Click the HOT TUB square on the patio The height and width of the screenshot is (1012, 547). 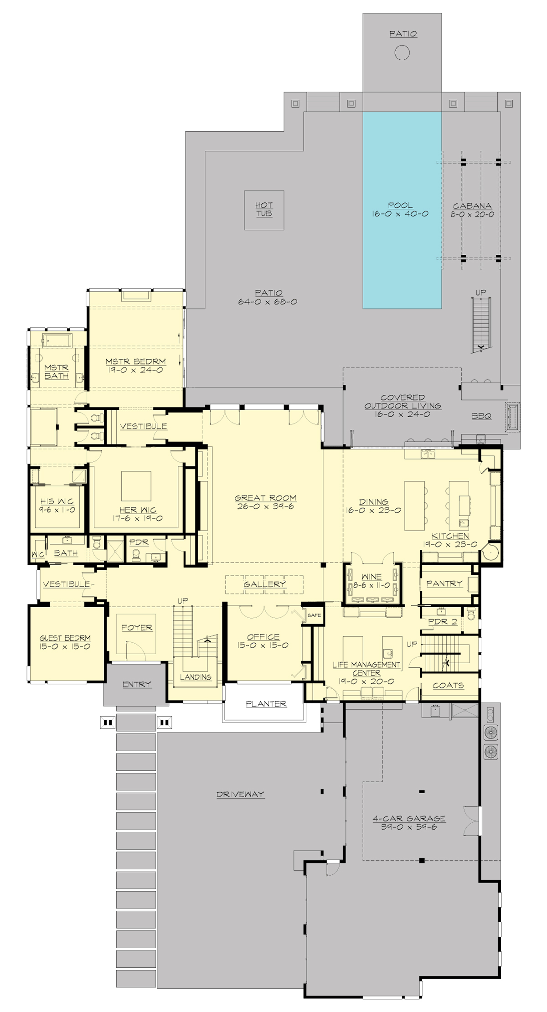pyautogui.click(x=264, y=210)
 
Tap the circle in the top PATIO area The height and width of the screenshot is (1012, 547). pyautogui.click(x=402, y=53)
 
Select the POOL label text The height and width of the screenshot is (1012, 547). pyautogui.click(x=400, y=206)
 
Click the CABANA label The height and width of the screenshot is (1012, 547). pyautogui.click(x=472, y=206)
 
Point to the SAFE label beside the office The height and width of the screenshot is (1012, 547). pyautogui.click(x=314, y=615)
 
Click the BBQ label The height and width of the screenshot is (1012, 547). pyautogui.click(x=481, y=416)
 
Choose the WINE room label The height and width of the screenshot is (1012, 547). pyautogui.click(x=371, y=577)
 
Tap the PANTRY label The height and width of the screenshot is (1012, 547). pyautogui.click(x=444, y=583)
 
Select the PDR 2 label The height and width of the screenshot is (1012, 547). pyautogui.click(x=442, y=621)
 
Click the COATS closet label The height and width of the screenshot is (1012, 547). pyautogui.click(x=448, y=686)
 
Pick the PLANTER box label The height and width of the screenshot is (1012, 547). pyautogui.click(x=266, y=704)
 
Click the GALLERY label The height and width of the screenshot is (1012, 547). pyautogui.click(x=264, y=584)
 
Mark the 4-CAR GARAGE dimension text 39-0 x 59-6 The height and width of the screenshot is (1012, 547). pyautogui.click(x=409, y=827)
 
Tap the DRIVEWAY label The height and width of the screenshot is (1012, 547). pyautogui.click(x=240, y=795)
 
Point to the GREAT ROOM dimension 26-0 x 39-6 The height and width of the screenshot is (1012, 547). pyautogui.click(x=265, y=506)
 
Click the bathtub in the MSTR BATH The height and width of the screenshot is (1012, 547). pyautogui.click(x=57, y=340)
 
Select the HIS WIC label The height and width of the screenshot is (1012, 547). pyautogui.click(x=57, y=501)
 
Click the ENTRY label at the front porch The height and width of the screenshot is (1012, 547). pyautogui.click(x=136, y=685)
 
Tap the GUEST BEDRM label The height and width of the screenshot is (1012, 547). pyautogui.click(x=65, y=638)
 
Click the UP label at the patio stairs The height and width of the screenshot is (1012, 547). pyautogui.click(x=480, y=293)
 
